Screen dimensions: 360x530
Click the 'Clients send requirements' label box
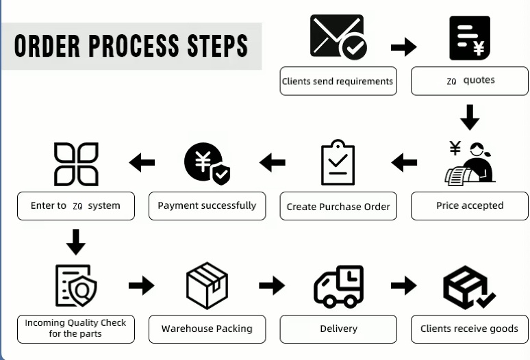[338, 81]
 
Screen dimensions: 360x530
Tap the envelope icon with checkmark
[338, 37]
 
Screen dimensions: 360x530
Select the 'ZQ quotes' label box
[470, 81]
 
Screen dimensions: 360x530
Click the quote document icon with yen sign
[470, 38]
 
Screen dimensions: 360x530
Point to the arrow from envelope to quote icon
[404, 47]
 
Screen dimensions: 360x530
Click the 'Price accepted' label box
[470, 205]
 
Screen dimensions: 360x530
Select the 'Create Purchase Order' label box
[338, 206]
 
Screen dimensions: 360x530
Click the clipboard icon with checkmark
[338, 162]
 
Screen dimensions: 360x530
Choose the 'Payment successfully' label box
[207, 205]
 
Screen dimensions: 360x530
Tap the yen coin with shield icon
[207, 164]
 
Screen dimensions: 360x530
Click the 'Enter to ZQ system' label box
[76, 205]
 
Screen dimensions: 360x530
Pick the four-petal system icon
[76, 164]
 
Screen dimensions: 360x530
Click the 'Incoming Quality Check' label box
[76, 329]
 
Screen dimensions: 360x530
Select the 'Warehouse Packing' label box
[207, 329]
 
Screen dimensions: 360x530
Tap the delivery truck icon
[338, 286]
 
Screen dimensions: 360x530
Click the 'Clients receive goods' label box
[470, 329]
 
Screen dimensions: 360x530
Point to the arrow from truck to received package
[404, 285]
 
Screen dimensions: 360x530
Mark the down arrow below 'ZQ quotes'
[470, 117]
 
